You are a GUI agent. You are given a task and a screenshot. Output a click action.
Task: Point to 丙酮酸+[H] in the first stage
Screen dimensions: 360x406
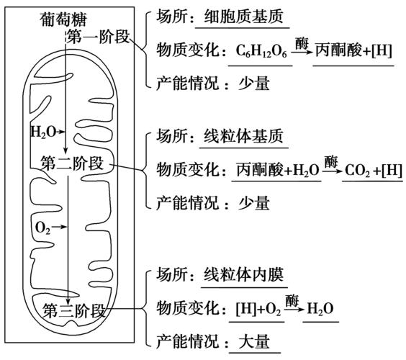point(353,53)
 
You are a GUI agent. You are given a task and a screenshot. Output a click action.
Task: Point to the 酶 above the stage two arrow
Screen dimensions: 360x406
point(330,158)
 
